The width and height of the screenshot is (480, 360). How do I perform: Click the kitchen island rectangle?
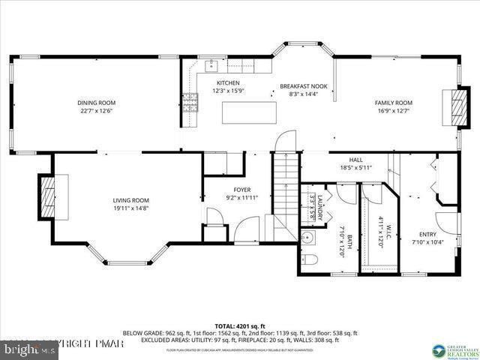pyautogui.click(x=244, y=112)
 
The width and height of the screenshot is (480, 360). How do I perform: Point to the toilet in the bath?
pyautogui.click(x=313, y=260)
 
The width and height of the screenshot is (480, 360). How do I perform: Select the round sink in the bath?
pyautogui.click(x=307, y=239)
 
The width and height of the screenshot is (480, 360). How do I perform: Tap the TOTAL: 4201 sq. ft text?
pyautogui.click(x=240, y=325)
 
